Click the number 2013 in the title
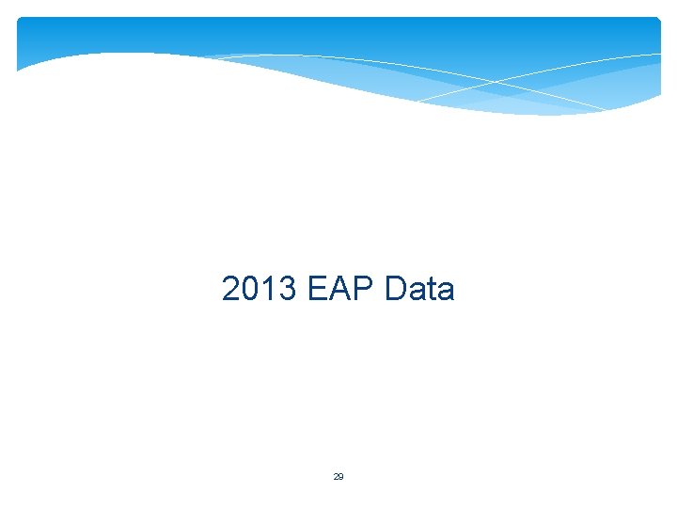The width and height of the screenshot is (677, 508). pyautogui.click(x=260, y=289)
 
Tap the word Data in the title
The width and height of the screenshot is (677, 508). pyautogui.click(x=419, y=289)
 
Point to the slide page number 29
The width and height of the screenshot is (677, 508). pyautogui.click(x=338, y=477)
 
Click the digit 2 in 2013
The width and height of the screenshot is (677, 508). pyautogui.click(x=231, y=289)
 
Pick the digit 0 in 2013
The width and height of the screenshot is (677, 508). pyautogui.click(x=250, y=289)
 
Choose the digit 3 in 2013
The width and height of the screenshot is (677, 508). pyautogui.click(x=288, y=289)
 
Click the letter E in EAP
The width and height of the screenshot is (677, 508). pyautogui.click(x=318, y=289)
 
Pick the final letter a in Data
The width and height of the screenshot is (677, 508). pyautogui.click(x=446, y=290)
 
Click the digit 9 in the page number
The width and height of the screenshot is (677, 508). pyautogui.click(x=341, y=477)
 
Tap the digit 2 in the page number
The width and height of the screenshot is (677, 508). pyautogui.click(x=336, y=477)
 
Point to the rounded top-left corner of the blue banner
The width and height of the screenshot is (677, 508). pyautogui.click(x=21, y=21)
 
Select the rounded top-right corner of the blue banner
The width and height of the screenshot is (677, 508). pyautogui.click(x=657, y=20)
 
